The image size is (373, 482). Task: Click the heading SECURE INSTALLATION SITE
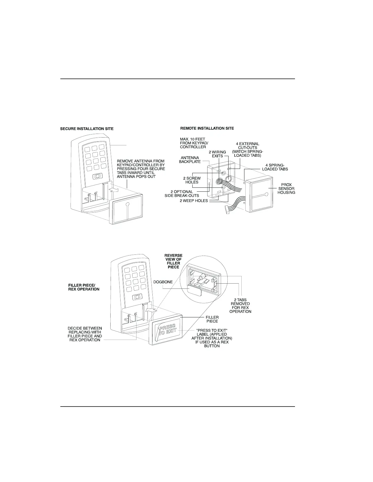coord(87,129)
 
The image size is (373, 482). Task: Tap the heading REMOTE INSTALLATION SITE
coord(207,128)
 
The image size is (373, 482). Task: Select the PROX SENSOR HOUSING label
coord(286,189)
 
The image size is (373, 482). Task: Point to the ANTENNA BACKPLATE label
coord(190,160)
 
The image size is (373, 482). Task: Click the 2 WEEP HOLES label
coord(194,201)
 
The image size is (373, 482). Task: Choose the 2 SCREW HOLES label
coord(192,180)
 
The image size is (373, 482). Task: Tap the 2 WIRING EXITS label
coord(217,154)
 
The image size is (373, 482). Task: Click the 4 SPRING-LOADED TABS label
coord(275,167)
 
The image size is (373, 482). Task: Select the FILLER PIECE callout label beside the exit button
coord(212,319)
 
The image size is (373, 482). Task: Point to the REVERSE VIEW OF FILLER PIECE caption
coord(173,261)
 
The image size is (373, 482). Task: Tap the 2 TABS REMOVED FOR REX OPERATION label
coord(240,306)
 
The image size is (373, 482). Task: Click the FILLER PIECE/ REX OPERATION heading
coord(83,287)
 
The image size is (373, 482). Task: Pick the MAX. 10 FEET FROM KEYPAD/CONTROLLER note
coord(193,143)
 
